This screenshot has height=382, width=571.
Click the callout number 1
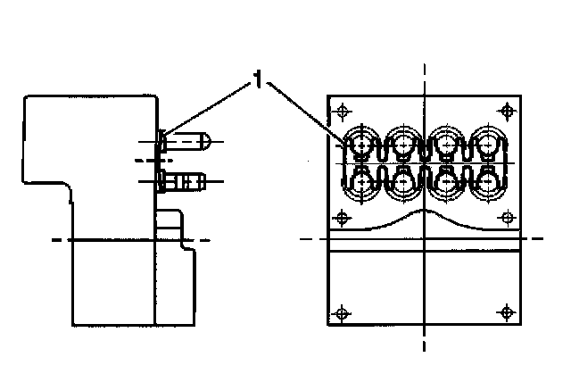click(258, 82)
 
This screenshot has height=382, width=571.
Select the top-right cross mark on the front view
click(508, 111)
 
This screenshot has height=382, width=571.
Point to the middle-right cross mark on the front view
click(508, 217)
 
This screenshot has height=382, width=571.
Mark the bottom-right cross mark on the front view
click(508, 312)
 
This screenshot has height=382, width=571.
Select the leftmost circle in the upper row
click(362, 143)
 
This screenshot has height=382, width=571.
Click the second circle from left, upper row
click(404, 143)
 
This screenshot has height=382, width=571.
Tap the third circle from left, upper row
click(446, 143)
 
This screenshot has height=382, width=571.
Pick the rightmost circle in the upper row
click(488, 143)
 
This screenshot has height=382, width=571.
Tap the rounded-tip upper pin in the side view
click(189, 142)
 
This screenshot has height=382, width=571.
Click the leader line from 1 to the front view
click(303, 112)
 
